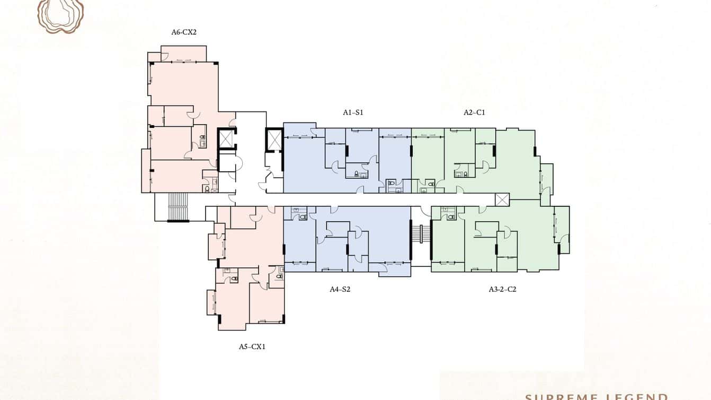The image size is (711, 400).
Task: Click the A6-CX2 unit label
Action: point(184,32)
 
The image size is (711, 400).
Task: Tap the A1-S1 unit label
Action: point(353,112)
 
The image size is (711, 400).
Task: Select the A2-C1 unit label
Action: point(474,112)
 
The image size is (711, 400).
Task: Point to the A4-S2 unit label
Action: point(340,290)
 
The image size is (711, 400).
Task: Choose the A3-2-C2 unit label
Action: point(502,290)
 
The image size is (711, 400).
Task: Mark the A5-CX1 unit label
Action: point(252,346)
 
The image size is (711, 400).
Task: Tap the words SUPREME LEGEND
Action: point(596,396)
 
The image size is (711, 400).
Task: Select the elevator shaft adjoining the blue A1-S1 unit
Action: point(274,140)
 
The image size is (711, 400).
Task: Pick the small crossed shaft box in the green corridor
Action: point(502,199)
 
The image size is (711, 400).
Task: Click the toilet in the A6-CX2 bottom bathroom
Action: point(207,188)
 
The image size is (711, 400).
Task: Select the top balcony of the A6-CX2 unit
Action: point(183,54)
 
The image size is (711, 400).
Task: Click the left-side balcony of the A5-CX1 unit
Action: point(211,302)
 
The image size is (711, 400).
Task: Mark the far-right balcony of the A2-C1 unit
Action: point(546,179)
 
